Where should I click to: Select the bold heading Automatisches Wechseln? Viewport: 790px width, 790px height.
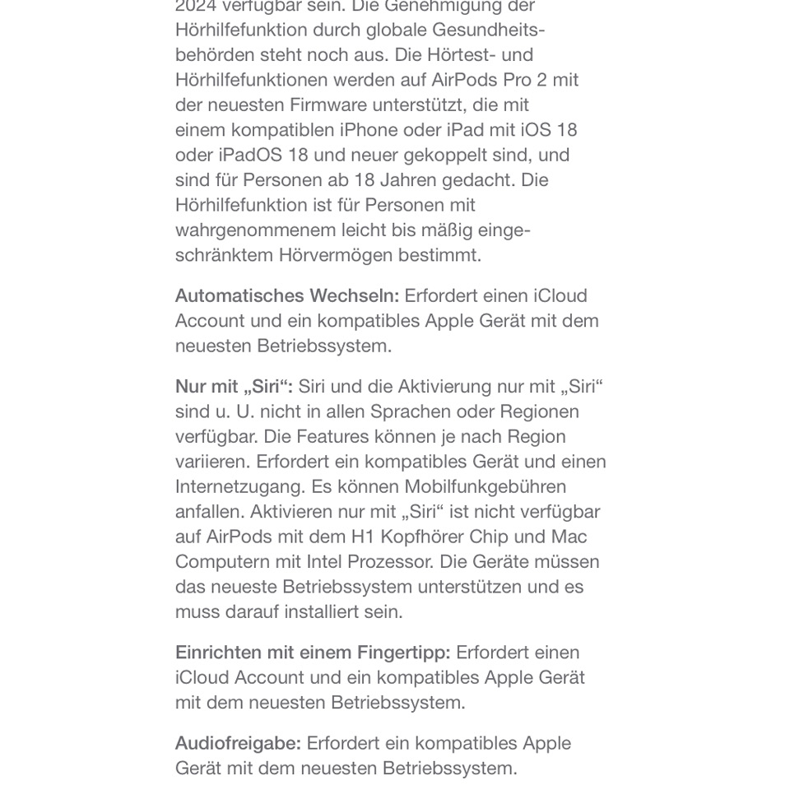pos(286,296)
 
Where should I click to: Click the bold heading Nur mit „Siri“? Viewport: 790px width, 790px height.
pos(234,387)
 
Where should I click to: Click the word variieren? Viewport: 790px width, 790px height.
pos(212,462)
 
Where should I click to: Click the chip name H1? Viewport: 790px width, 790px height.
pos(363,537)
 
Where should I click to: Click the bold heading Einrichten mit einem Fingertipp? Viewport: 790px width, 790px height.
pos(313,653)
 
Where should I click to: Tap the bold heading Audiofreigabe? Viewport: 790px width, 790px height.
pos(238,743)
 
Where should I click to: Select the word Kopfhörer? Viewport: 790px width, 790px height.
pos(421,537)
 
